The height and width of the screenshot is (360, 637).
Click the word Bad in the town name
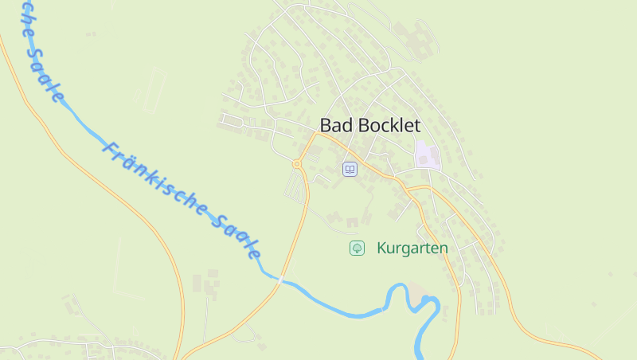click(x=334, y=126)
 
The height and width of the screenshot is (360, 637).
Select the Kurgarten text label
click(x=412, y=248)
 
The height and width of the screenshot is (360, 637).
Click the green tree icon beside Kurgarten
click(x=357, y=248)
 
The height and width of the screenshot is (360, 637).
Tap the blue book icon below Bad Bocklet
click(x=350, y=169)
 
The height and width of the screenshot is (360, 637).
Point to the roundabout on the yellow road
click(x=297, y=164)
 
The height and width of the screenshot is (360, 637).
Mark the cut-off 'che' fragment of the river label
click(x=25, y=18)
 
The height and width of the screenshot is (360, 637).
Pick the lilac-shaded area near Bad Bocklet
click(x=427, y=154)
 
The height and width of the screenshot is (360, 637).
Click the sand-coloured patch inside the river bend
click(x=416, y=296)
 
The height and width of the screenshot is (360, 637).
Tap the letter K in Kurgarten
click(x=382, y=248)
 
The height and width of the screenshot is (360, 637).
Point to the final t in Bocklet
click(x=416, y=126)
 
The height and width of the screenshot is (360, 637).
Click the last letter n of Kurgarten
click(x=444, y=248)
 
